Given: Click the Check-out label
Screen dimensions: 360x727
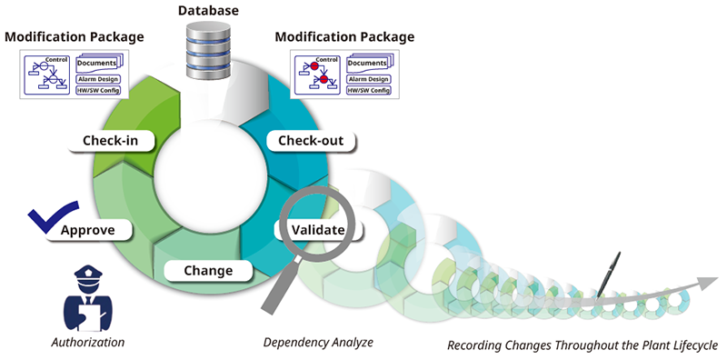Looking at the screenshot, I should (309, 140).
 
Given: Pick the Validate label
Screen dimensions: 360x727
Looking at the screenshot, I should (317, 229).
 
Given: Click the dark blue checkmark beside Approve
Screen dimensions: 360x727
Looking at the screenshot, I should (46, 221).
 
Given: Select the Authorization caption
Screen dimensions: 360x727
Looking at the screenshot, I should (88, 343).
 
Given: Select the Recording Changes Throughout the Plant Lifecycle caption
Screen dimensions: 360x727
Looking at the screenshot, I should (583, 345).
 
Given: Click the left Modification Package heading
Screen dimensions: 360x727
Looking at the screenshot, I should (74, 37).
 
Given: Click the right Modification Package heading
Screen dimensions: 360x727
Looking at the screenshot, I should (344, 37).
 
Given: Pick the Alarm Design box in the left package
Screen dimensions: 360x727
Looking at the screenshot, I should (99, 79).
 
